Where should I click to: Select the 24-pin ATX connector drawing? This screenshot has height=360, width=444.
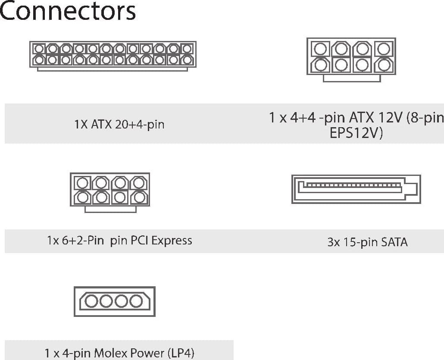[x=113, y=56]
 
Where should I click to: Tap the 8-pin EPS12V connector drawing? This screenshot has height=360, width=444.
[x=351, y=60]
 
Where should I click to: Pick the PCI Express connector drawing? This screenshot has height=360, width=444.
[x=110, y=193]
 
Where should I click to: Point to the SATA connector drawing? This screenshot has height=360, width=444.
[x=356, y=189]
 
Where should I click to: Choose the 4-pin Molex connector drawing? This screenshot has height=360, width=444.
[x=115, y=301]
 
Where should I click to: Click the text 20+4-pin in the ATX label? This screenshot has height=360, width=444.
[x=140, y=125]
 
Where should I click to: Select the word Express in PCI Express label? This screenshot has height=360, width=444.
[x=172, y=241]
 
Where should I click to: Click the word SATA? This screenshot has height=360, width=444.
[x=394, y=242]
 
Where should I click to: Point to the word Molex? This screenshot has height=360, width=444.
[x=109, y=353]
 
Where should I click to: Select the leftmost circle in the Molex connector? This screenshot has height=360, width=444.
[x=91, y=301]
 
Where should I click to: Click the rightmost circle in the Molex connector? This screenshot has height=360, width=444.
[x=136, y=301]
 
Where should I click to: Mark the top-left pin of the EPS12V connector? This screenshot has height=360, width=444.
[x=320, y=49]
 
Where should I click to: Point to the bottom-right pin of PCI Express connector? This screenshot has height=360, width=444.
[x=139, y=197]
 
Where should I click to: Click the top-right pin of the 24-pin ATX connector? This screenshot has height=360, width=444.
[x=187, y=49]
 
